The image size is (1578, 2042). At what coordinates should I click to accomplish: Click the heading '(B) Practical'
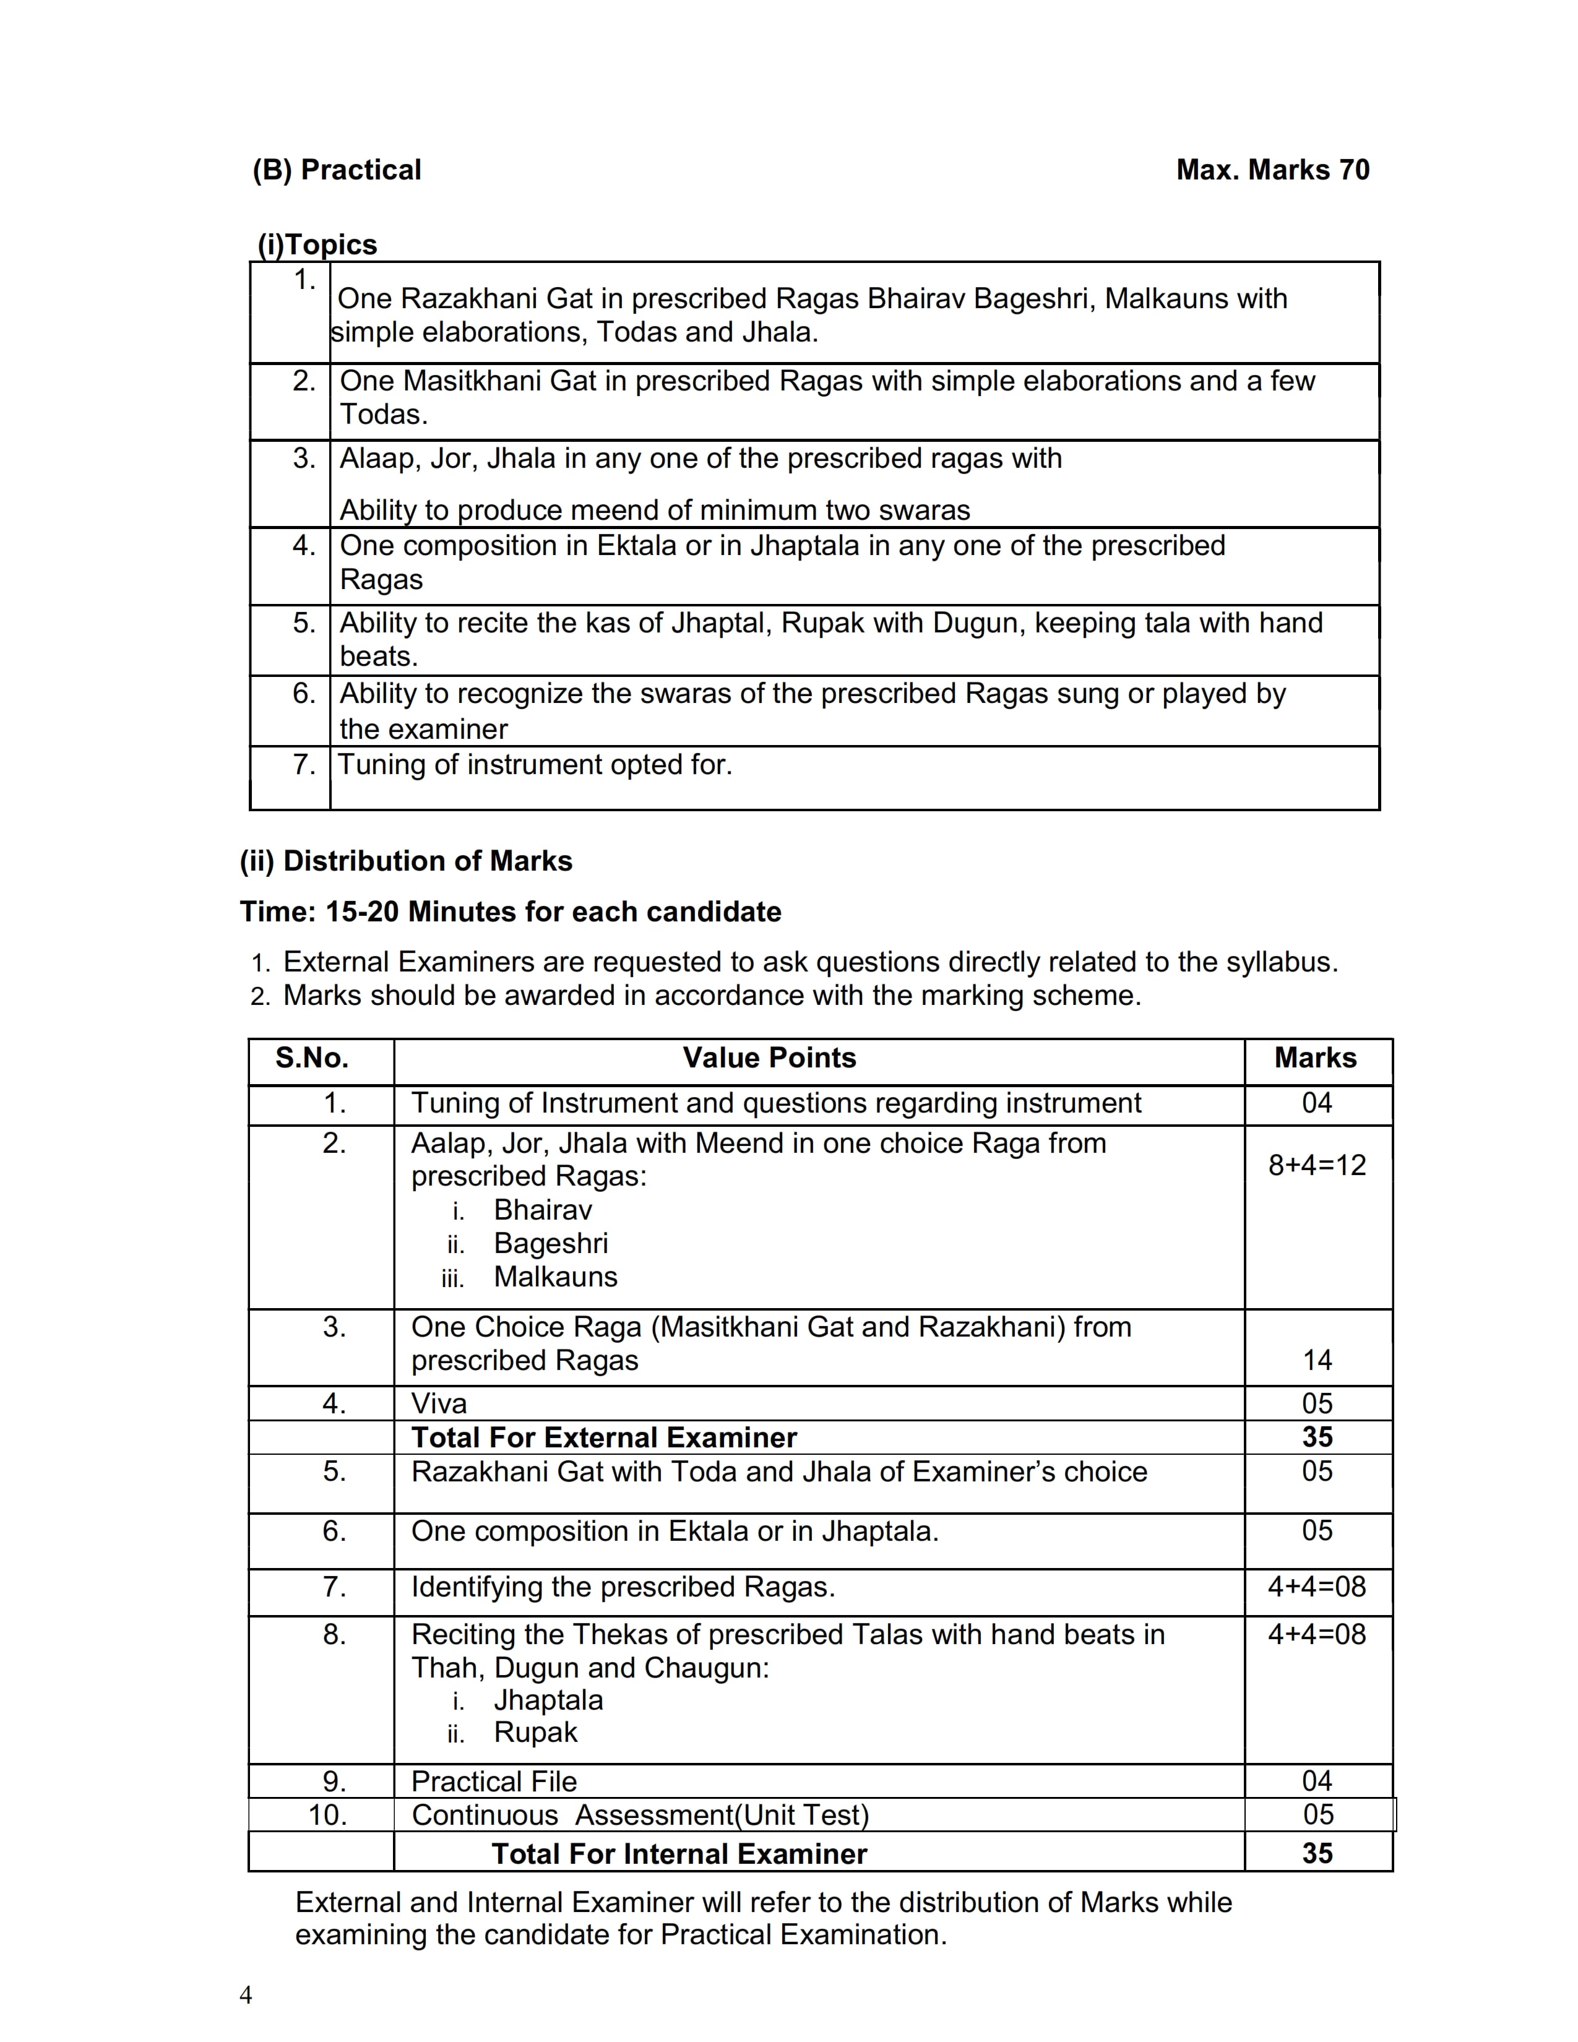pos(337,170)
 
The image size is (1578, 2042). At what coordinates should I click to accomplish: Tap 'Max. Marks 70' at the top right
pos(1272,170)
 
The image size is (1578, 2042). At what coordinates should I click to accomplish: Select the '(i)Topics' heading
pos(318,245)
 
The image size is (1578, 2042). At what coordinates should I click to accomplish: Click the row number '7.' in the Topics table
pos(304,765)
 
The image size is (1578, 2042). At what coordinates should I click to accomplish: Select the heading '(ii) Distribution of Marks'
pos(406,861)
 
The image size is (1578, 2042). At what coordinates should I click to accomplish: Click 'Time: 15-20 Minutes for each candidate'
pos(511,911)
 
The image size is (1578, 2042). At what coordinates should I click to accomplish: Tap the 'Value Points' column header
pos(769,1058)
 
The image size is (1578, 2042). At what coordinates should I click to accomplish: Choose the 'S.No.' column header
pos(313,1058)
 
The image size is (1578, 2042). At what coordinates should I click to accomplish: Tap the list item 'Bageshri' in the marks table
pos(551,1244)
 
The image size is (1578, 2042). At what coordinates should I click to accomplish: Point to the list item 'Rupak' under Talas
pos(536,1733)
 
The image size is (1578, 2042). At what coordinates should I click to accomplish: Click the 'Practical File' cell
pos(494,1781)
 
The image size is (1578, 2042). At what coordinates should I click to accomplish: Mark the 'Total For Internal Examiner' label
pos(679,1854)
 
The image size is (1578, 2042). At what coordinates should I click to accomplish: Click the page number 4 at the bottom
pos(246,1995)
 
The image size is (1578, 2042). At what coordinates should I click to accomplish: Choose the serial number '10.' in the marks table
pos(328,1815)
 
